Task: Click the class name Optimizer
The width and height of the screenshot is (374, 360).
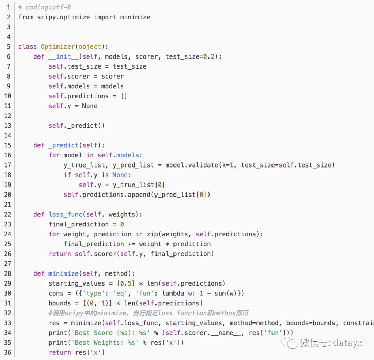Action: pyautogui.click(x=58, y=46)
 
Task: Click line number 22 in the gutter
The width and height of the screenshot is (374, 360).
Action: pyautogui.click(x=8, y=214)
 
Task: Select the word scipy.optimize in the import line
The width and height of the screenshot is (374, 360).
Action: pyautogui.click(x=63, y=17)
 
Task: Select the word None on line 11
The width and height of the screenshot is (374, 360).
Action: pyautogui.click(x=90, y=106)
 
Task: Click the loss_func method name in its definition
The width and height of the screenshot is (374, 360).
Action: pyautogui.click(x=65, y=214)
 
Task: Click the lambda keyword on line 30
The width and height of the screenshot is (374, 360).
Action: pyautogui.click(x=173, y=293)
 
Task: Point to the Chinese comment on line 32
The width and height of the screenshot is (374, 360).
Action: pyautogui.click(x=149, y=313)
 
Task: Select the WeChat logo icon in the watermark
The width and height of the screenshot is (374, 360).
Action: pyautogui.click(x=289, y=342)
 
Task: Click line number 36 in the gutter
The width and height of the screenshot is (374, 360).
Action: pyautogui.click(x=8, y=352)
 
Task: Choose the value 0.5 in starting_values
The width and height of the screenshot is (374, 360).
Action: pyautogui.click(x=126, y=283)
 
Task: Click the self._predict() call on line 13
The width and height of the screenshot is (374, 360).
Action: pyautogui.click(x=76, y=126)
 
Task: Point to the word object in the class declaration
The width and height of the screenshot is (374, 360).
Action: pyautogui.click(x=90, y=47)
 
